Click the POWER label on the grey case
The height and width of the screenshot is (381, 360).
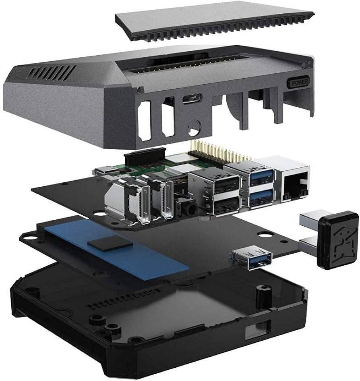[x=298, y=83]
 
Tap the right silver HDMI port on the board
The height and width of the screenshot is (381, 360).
[x=165, y=202]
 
